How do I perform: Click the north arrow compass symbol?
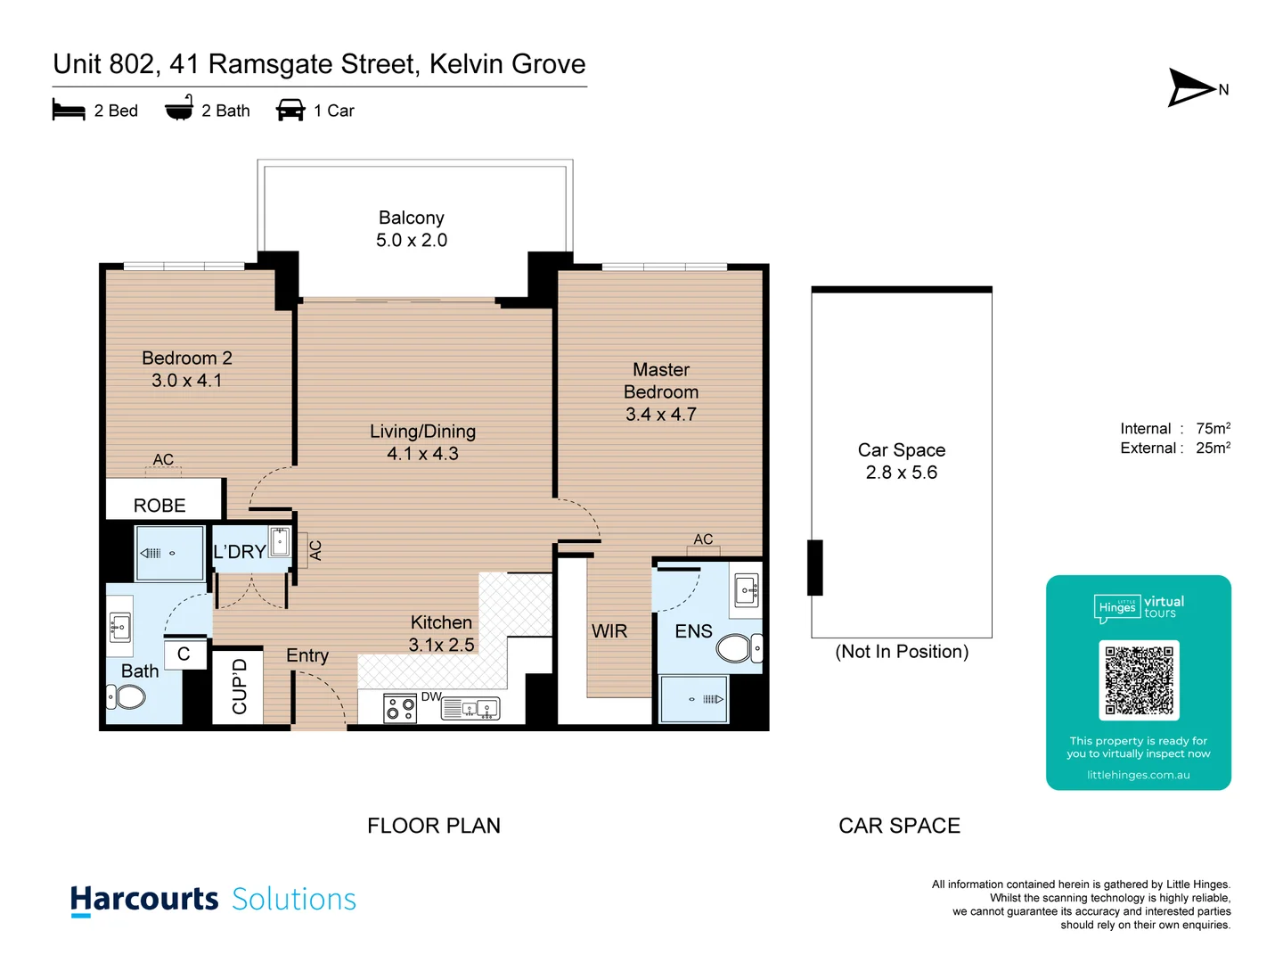click(1192, 87)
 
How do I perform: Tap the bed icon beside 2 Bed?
click(69, 111)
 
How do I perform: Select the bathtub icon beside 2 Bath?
click(179, 109)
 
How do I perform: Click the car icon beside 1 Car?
click(290, 111)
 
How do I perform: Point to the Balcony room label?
click(411, 218)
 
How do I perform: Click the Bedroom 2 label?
click(187, 358)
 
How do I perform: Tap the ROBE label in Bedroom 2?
click(159, 506)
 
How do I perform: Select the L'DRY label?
click(239, 552)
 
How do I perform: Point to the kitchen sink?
click(486, 710)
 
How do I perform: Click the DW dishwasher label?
click(431, 696)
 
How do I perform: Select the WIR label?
click(609, 631)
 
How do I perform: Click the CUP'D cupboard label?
click(239, 687)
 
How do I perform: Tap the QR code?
click(1139, 680)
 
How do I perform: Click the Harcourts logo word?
click(144, 899)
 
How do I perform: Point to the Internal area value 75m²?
click(1213, 429)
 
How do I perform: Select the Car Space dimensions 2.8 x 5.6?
click(901, 473)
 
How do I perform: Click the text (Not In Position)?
click(902, 652)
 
